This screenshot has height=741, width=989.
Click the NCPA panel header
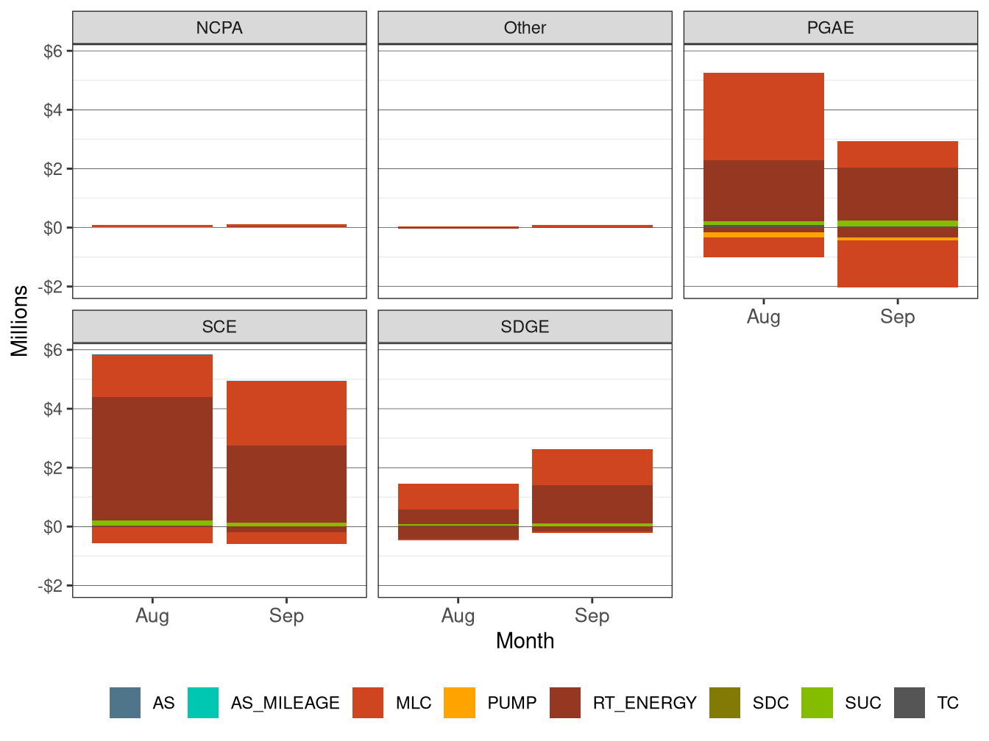point(219,28)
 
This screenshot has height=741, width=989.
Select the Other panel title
point(525,28)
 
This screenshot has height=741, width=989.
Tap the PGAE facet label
point(830,28)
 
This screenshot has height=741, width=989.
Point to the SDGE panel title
point(525,326)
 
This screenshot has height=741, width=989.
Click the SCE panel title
point(219,326)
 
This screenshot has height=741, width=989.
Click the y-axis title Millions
point(20,321)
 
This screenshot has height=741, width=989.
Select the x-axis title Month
point(525,640)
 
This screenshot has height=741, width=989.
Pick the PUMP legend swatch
point(460,703)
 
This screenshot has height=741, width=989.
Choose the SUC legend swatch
point(817,703)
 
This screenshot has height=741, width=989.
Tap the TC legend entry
point(947,703)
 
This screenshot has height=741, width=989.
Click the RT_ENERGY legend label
point(645,703)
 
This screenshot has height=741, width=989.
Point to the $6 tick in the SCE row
point(53,350)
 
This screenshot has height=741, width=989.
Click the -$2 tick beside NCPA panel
point(50,287)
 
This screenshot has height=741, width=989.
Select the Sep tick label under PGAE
point(897,317)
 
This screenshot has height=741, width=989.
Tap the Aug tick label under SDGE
point(458,615)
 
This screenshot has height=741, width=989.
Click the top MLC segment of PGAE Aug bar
point(763,116)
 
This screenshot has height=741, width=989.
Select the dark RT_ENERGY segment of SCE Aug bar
point(152,458)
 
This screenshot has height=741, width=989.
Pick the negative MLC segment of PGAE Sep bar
point(897,264)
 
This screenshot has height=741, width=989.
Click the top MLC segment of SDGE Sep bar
point(592,467)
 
